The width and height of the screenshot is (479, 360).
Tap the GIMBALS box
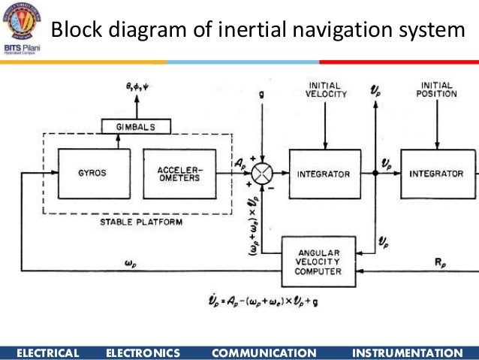pyautogui.click(x=136, y=127)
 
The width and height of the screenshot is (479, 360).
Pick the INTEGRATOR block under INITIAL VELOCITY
pyautogui.click(x=324, y=174)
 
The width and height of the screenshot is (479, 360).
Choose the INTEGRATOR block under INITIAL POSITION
pyautogui.click(x=436, y=174)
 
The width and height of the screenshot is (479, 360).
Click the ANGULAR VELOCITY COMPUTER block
pyautogui.click(x=318, y=261)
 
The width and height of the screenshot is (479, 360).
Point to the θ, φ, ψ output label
pyautogui.click(x=137, y=88)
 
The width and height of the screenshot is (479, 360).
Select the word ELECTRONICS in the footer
pyautogui.click(x=143, y=352)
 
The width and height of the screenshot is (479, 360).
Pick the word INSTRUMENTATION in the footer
pyautogui.click(x=407, y=352)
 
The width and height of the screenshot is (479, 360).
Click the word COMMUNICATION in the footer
pyautogui.click(x=264, y=352)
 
